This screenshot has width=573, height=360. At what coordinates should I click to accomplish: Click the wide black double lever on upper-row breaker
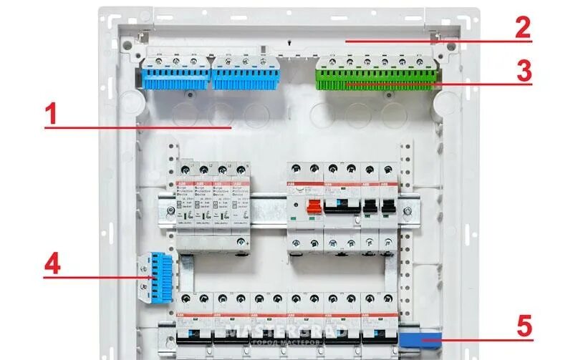[341, 206]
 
